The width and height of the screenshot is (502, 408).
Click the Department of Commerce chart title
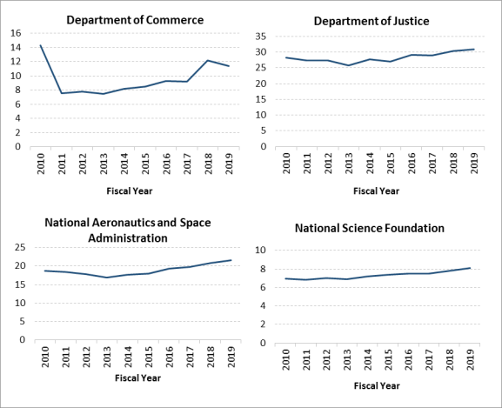point(135,20)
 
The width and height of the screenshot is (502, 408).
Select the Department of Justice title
point(371,21)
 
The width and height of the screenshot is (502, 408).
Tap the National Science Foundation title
point(370,228)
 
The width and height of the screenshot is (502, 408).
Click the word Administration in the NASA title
point(128,238)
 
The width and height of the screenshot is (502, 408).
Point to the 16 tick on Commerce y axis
point(16,33)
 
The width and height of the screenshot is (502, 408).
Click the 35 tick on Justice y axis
point(261,37)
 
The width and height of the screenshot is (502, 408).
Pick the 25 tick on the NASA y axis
point(20,247)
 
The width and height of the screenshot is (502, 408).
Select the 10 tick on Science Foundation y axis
point(261,251)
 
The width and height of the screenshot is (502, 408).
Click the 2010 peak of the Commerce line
point(41,45)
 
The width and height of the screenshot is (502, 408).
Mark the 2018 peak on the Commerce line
point(208,61)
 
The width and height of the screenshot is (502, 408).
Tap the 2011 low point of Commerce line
point(62,93)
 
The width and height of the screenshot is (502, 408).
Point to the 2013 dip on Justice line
point(348,65)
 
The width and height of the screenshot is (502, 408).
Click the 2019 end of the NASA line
point(231,260)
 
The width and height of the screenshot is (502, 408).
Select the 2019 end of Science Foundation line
point(470,268)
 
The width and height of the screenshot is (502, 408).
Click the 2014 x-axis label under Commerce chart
point(124,164)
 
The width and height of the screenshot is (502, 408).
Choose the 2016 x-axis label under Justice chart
point(412,164)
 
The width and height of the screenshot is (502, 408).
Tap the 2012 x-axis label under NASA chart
point(86,357)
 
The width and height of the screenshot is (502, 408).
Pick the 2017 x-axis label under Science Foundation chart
point(429,359)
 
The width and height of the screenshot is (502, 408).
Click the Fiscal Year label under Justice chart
point(376,191)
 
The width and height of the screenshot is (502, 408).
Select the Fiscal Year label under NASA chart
point(137,378)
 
